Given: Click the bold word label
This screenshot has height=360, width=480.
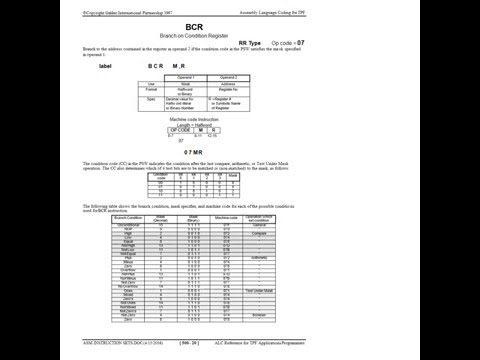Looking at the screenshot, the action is pos(106,78).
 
